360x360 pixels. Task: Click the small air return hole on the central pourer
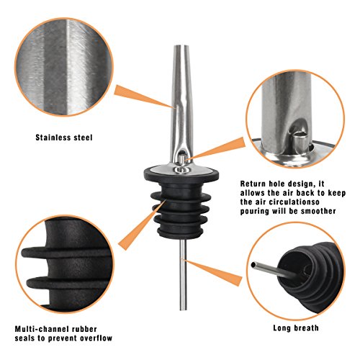tap(182, 158)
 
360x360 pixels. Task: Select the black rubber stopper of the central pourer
tap(180, 205)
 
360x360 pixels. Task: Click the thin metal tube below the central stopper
tap(181, 281)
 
